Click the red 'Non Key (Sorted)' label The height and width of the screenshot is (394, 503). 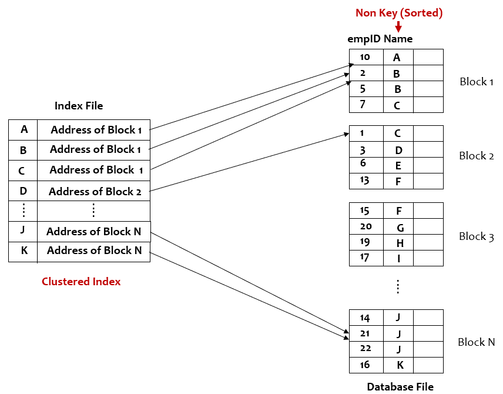coord(400,12)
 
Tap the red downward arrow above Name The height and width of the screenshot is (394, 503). coord(398,26)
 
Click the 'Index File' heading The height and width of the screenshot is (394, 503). coord(79,106)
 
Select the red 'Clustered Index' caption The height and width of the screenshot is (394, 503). coord(81,282)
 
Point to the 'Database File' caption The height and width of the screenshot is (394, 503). coord(400,386)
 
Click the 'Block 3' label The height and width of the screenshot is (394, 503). coord(476,236)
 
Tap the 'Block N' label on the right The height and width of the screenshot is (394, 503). coord(476,342)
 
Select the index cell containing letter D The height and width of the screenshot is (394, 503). coord(24,191)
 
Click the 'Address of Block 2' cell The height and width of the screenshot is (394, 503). coord(94,191)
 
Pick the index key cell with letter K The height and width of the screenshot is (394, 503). coord(24,251)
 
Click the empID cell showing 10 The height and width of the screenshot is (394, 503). coord(365,57)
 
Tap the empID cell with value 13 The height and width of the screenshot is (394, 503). coord(365,181)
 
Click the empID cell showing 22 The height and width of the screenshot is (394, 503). coord(365,349)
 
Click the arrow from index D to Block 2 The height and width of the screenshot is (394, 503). coord(247,163)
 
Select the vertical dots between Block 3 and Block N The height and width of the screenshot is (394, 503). coord(398,286)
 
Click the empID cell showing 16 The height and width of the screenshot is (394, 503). coord(365,365)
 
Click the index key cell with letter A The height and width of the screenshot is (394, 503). coord(24,129)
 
